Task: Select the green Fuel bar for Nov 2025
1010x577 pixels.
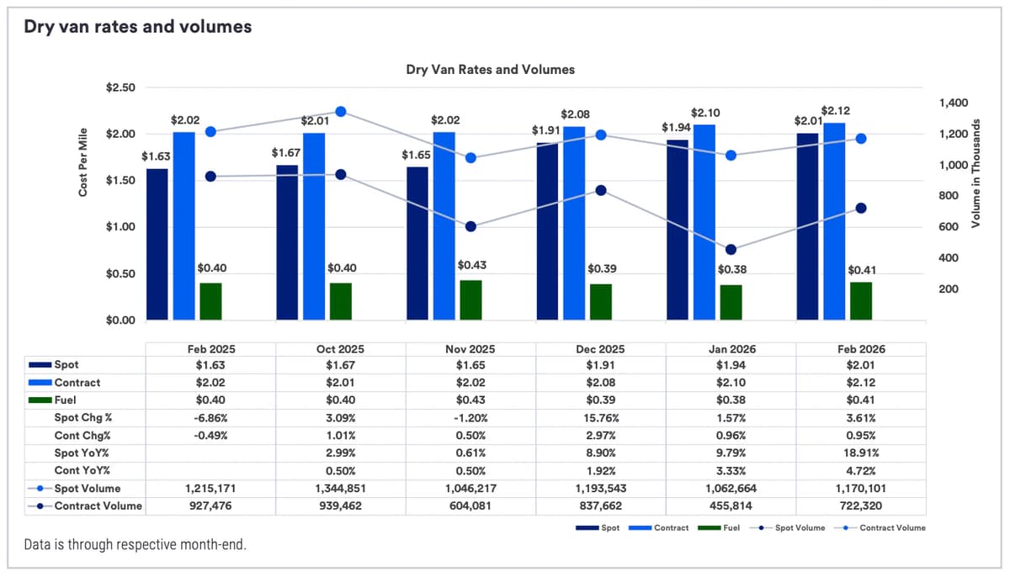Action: click(x=470, y=299)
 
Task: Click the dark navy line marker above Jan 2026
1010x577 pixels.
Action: click(x=731, y=250)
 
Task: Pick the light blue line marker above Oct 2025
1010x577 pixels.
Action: click(x=341, y=112)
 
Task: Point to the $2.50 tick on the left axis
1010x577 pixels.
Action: click(x=121, y=87)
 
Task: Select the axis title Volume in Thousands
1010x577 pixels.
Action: click(x=976, y=173)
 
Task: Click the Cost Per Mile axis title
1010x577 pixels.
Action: click(x=83, y=167)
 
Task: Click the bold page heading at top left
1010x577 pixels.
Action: click(x=137, y=27)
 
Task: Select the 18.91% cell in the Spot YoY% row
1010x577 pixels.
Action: click(x=860, y=453)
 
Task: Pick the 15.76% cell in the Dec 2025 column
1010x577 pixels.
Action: click(x=600, y=417)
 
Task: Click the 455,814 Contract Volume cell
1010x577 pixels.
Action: click(x=731, y=506)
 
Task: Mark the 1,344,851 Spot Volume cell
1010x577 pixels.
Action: click(x=340, y=488)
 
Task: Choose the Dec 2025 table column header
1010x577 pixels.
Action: click(x=600, y=349)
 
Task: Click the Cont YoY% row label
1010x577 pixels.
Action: click(x=82, y=470)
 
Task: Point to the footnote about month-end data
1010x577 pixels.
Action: click(x=136, y=545)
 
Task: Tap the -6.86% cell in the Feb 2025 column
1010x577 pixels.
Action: click(x=210, y=417)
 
